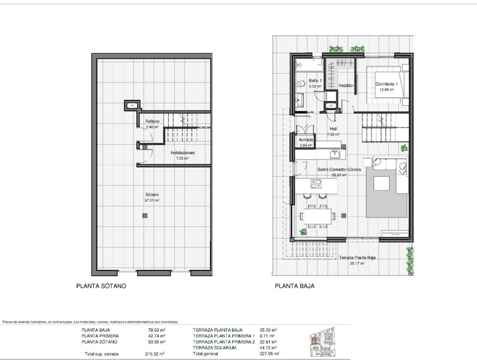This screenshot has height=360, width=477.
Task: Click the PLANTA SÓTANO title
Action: point(101,286)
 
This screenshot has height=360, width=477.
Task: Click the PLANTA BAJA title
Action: point(295,286)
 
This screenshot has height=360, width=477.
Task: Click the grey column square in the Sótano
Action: point(145,216)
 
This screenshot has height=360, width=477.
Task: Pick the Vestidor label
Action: point(346,85)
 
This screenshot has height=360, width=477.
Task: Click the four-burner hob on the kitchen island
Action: point(316,184)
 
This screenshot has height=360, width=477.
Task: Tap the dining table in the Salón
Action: point(318,216)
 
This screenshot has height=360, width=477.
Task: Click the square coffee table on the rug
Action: point(381,183)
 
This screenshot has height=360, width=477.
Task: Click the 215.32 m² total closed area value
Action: point(154,354)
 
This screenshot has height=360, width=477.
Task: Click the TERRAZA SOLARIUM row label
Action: point(214,348)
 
